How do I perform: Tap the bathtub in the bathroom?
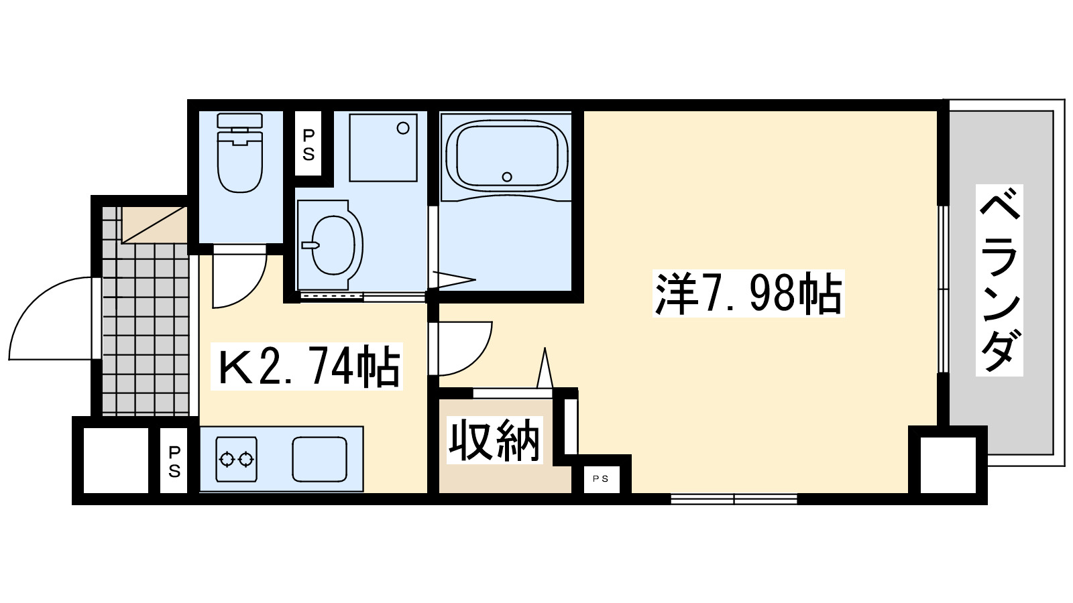[x=507, y=155]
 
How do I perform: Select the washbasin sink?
[x=333, y=245]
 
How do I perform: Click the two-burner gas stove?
[x=236, y=459]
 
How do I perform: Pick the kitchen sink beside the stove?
[x=319, y=459]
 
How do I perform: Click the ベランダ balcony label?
[x=999, y=280]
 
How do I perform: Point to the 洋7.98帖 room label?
[x=748, y=293]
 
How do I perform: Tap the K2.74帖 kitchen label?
[x=307, y=366]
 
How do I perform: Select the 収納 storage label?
[x=494, y=440]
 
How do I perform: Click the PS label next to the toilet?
[x=308, y=145]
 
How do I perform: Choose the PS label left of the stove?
[x=174, y=461]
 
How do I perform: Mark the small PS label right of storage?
[x=601, y=478]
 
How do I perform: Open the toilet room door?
[x=238, y=278]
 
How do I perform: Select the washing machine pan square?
[x=383, y=147]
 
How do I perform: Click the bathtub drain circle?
[x=507, y=177]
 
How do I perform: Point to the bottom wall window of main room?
[x=734, y=498]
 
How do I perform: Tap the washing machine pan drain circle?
[x=403, y=128]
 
